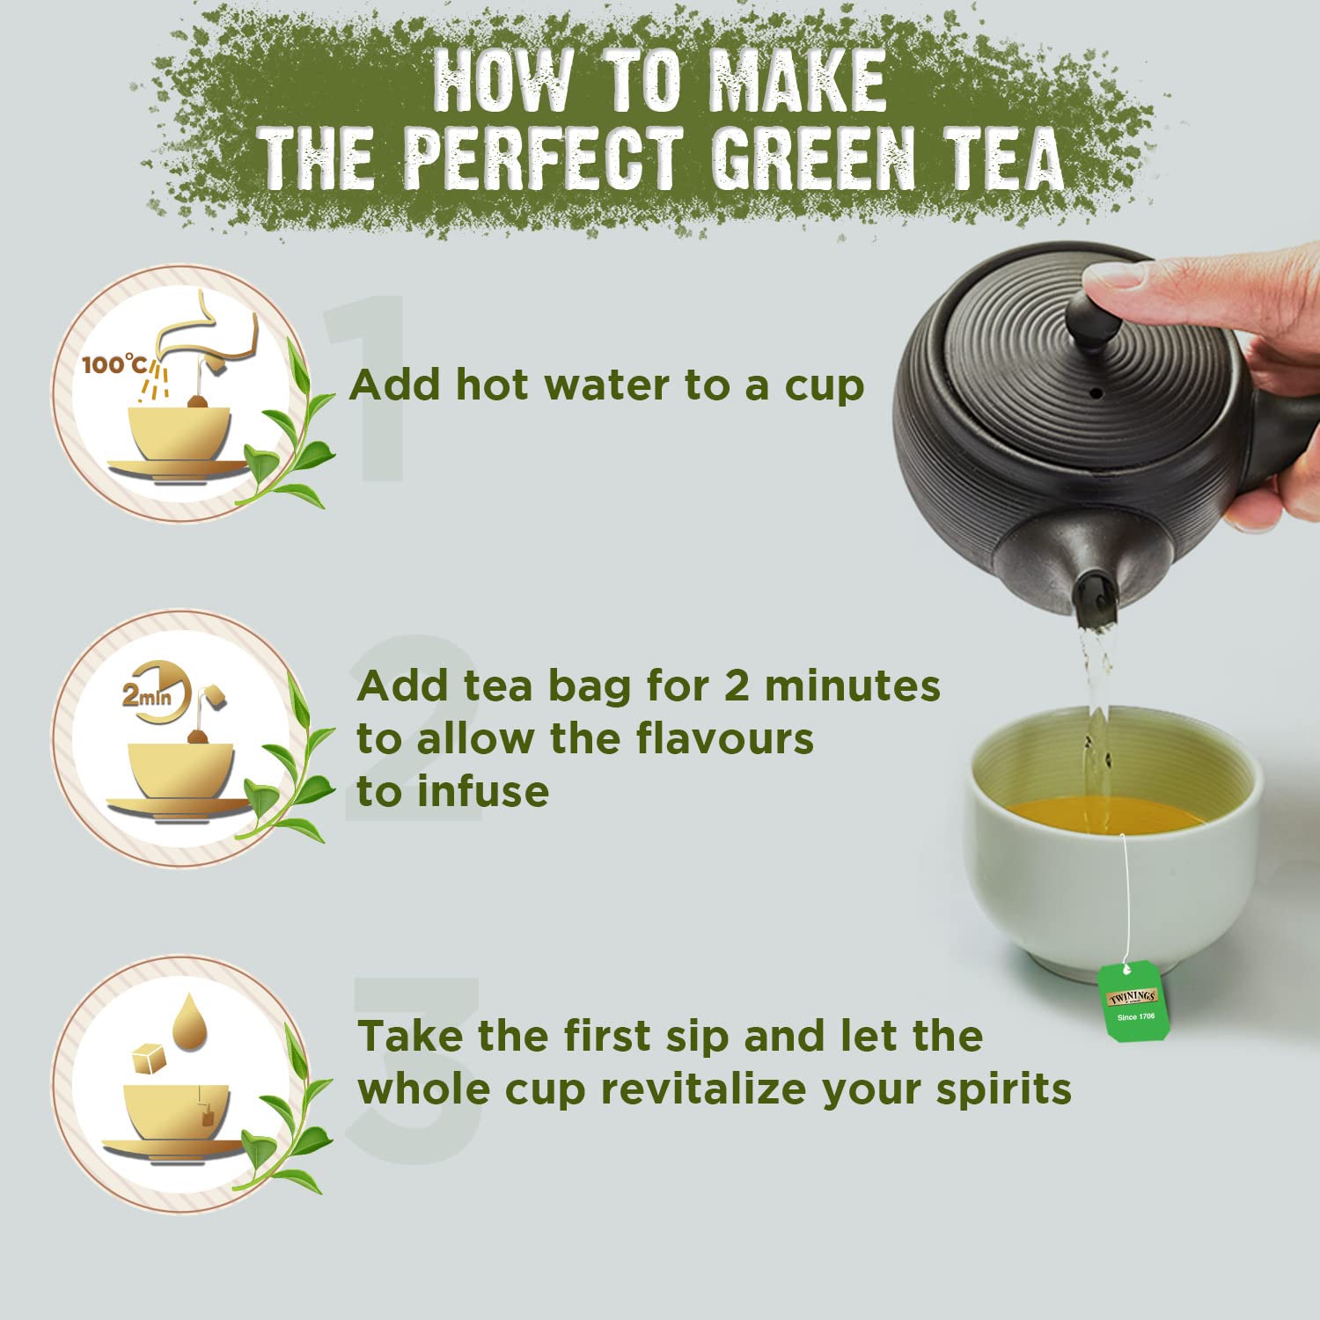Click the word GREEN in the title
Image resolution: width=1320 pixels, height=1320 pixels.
813,158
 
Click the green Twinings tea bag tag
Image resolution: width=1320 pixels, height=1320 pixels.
1133,1001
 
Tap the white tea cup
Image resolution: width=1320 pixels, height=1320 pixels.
1112,840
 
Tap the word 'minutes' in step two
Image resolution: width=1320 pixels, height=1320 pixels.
851,686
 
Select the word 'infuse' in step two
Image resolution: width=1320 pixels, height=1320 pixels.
482,791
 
